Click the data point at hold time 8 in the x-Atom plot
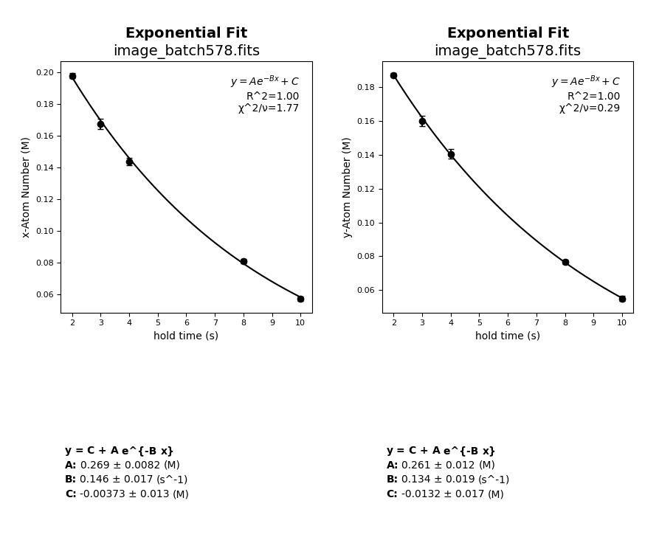pos(244,261)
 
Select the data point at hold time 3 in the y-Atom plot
pos(422,121)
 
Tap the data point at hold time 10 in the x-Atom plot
pos(300,299)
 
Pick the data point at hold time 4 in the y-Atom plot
pos(451,154)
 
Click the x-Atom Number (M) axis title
pos(26,187)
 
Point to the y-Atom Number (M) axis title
pos(347,187)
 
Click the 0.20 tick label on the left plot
pos(45,72)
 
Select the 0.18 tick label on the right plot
pos(366,87)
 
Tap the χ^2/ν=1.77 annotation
pos(269,108)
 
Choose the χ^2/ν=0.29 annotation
pos(590,108)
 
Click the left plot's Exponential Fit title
pos(186,33)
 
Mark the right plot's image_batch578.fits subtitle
pos(507,51)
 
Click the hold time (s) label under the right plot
pos(507,336)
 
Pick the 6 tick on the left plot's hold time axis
pos(187,322)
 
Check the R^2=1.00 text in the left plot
pos(272,97)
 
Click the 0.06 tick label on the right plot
pos(366,290)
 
